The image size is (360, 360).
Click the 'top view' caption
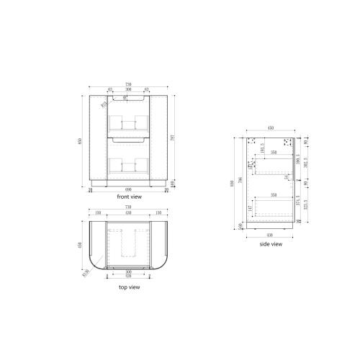tap(129, 287)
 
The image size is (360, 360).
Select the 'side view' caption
tap(270, 245)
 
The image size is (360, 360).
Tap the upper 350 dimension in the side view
tap(274, 153)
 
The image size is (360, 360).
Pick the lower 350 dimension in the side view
tap(274, 194)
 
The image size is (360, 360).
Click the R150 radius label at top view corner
tap(86, 272)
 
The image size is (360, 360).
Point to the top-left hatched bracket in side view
tap(253, 143)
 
